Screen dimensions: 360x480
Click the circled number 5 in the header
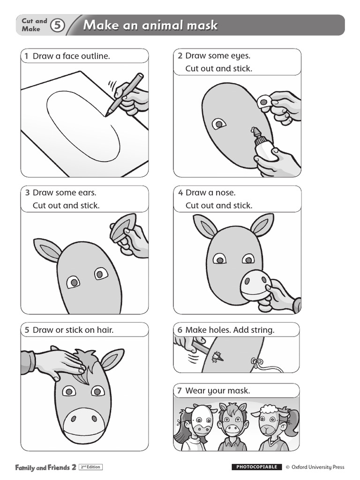(57, 25)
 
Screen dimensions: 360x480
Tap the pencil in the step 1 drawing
(124, 94)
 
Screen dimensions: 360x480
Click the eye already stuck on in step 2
(219, 124)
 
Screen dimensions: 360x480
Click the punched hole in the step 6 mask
(218, 356)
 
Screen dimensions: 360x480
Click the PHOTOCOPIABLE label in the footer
(256, 467)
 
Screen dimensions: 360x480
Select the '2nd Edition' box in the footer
(90, 467)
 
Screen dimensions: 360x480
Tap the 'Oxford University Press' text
(318, 467)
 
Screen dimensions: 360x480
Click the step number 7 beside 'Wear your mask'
(180, 390)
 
